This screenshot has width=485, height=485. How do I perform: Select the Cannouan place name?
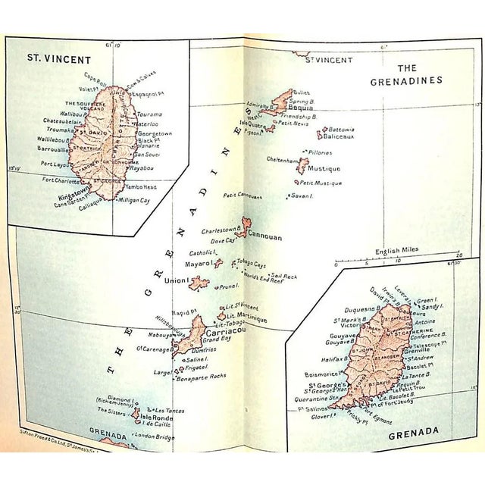click(x=265, y=236)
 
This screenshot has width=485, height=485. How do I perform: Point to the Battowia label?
click(x=342, y=130)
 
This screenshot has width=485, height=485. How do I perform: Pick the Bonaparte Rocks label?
click(x=201, y=377)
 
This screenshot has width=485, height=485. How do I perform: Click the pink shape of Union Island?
click(x=199, y=283)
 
